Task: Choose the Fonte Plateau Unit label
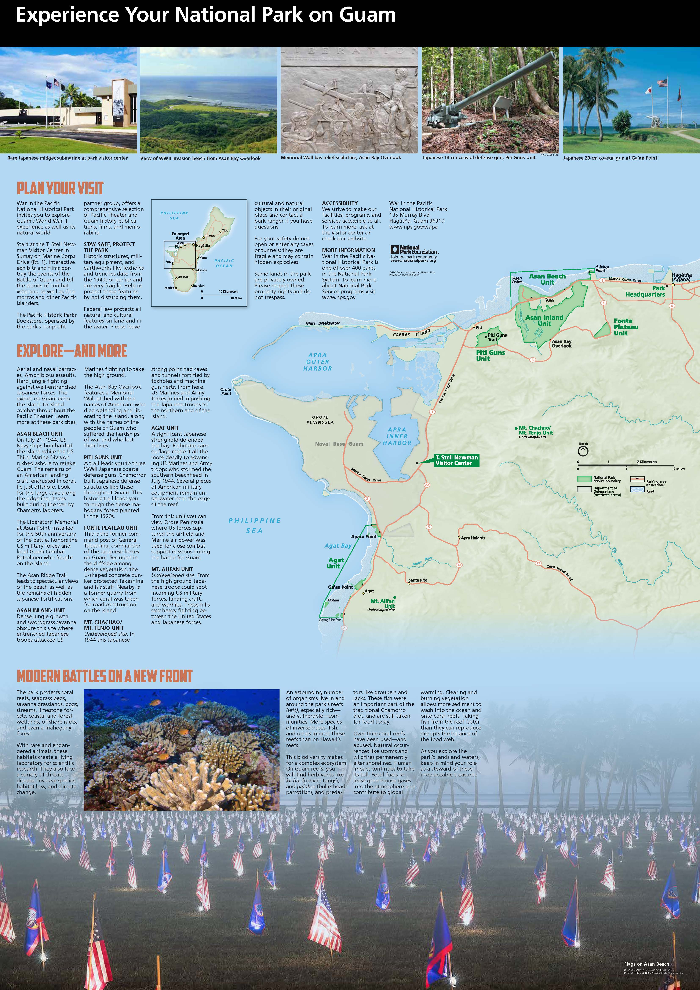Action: (626, 327)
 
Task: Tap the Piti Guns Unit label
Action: (490, 355)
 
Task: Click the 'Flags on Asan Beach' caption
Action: (646, 964)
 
